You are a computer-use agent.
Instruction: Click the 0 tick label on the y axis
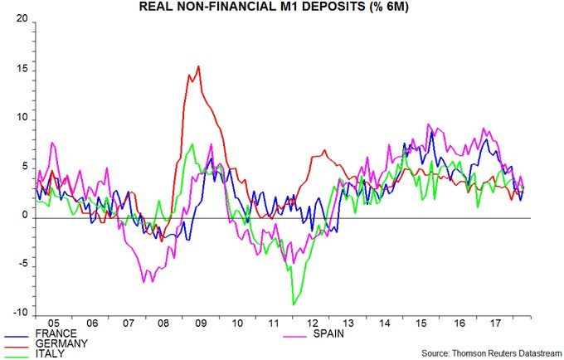coord(24,216)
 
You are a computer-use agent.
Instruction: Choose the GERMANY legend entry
coord(61,343)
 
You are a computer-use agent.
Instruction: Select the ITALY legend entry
coord(52,354)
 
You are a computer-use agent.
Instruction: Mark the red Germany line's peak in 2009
coord(198,66)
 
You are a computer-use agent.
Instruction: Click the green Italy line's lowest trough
coord(293,304)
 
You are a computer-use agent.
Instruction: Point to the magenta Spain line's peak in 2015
coord(428,125)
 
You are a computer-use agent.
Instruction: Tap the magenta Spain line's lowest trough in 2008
coord(143,283)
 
